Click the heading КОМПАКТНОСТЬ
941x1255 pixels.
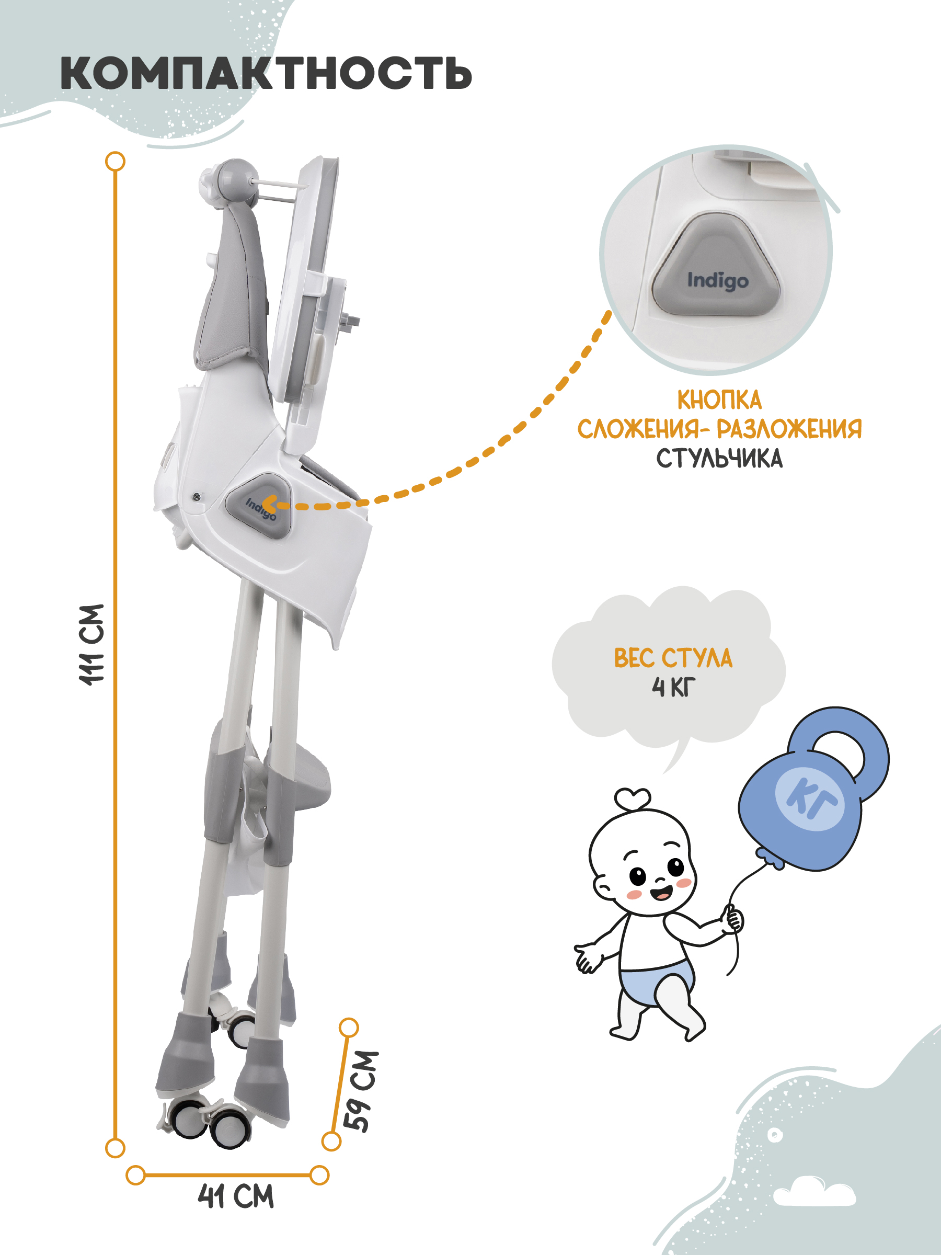click(266, 73)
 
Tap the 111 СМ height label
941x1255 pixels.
click(92, 645)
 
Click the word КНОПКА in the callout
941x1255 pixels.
click(719, 400)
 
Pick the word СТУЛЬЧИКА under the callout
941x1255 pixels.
click(719, 459)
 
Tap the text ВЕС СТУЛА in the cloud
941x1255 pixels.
click(673, 658)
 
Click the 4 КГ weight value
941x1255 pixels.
click(673, 688)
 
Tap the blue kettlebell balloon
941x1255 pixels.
click(812, 790)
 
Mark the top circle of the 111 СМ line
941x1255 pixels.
click(116, 161)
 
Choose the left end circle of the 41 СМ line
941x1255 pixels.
click(135, 1175)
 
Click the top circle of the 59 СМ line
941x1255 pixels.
click(348, 1028)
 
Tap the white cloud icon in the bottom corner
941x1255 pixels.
click(814, 1192)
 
